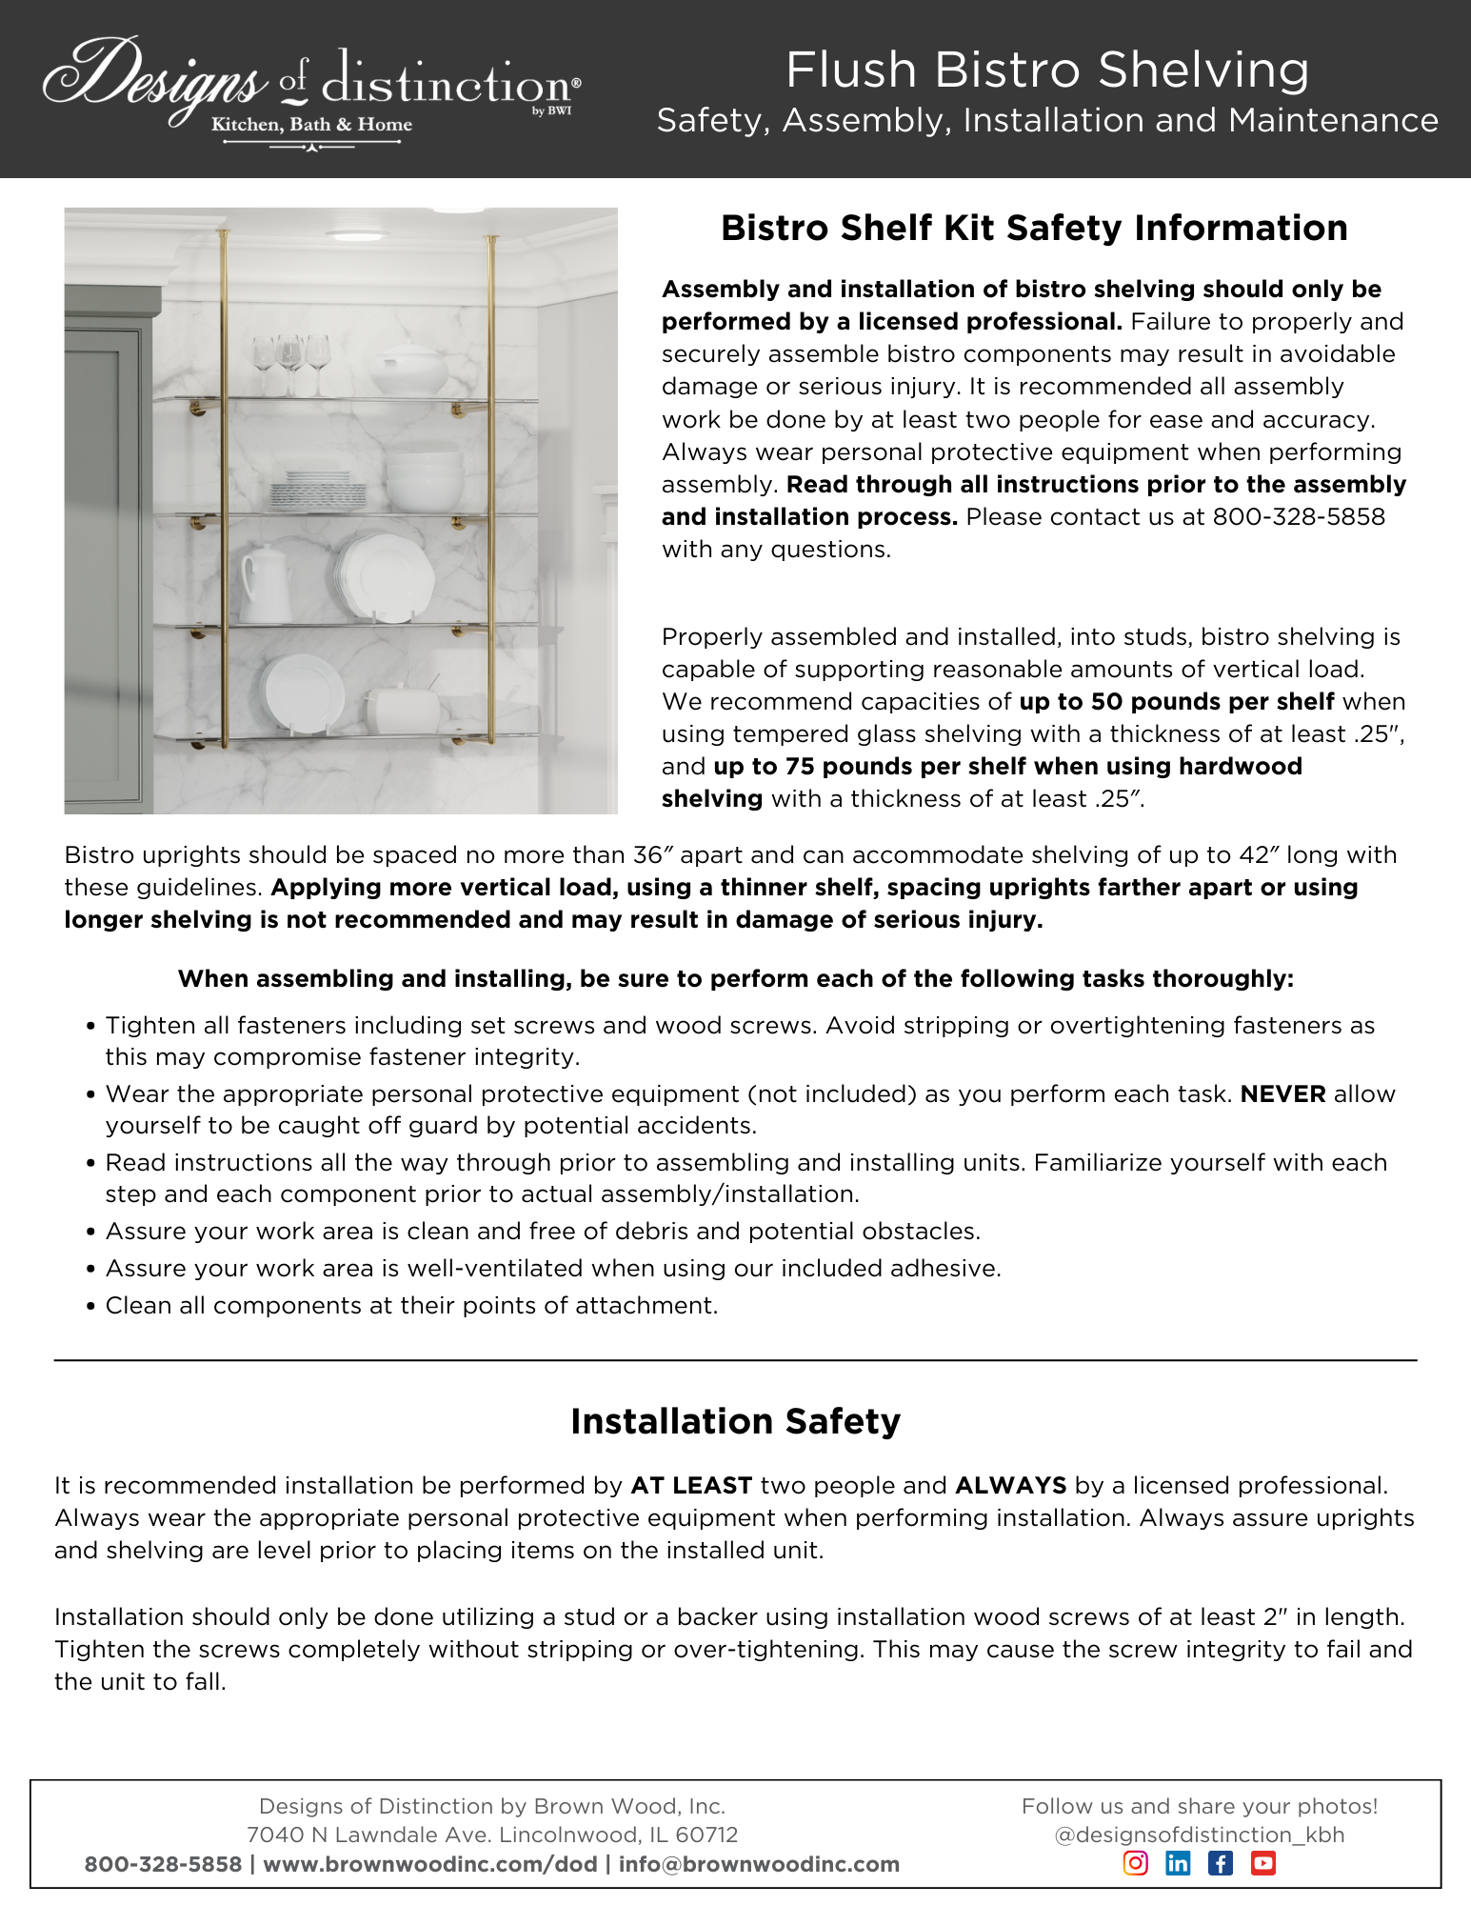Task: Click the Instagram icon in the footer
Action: click(x=1135, y=1863)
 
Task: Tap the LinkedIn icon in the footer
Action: click(x=1178, y=1863)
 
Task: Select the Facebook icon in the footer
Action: click(x=1221, y=1863)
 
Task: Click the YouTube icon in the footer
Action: click(x=1263, y=1863)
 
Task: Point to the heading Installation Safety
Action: click(x=735, y=1421)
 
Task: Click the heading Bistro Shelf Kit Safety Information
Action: click(x=1034, y=229)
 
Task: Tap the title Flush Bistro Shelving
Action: click(x=1047, y=70)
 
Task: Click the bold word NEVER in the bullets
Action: click(x=1282, y=1093)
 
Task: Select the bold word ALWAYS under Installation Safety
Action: click(x=1010, y=1485)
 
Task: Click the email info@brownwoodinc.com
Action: click(x=759, y=1864)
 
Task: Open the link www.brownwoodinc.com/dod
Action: click(x=430, y=1864)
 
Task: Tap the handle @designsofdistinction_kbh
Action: click(x=1200, y=1835)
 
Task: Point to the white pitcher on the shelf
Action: click(x=266, y=584)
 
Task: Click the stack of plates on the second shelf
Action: click(x=317, y=491)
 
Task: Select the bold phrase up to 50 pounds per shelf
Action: click(x=1176, y=702)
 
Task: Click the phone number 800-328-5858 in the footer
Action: click(x=163, y=1864)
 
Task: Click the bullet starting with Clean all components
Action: click(x=411, y=1305)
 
